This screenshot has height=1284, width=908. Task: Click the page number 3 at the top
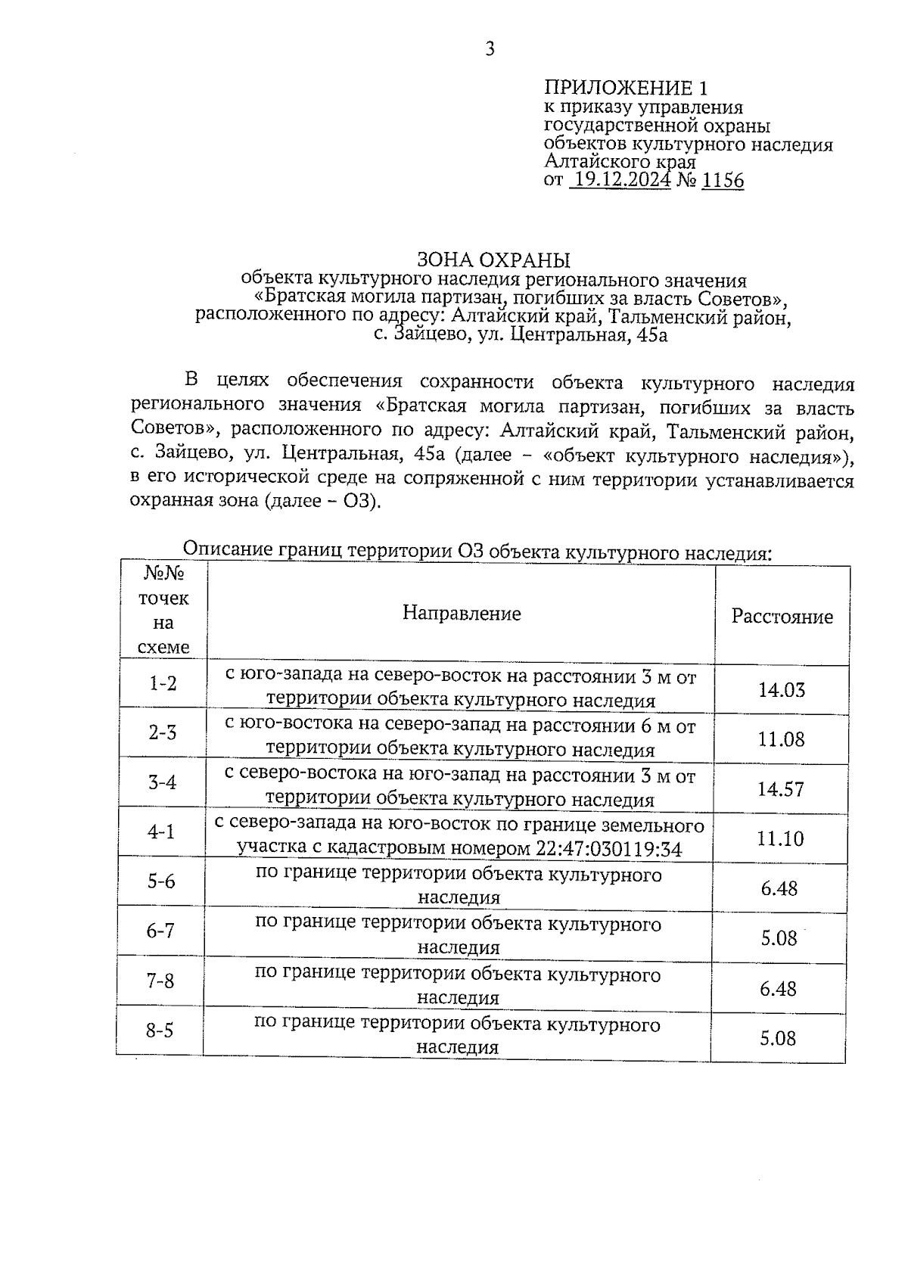coord(490,50)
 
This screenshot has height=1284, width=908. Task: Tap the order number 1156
coord(723,180)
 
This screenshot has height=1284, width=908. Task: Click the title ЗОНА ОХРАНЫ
coord(493,260)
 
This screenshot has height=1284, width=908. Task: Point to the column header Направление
coord(461,613)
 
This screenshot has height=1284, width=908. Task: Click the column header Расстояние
coord(782,617)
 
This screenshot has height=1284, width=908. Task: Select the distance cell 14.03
coord(781,690)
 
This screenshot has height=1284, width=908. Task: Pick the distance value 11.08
coord(781,739)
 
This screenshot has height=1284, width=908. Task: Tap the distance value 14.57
coord(781,789)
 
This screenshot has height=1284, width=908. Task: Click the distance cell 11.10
coord(780,838)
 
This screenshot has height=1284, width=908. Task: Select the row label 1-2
coord(163,683)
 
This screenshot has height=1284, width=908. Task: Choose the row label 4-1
coord(161,832)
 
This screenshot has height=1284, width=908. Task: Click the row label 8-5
coord(160,1031)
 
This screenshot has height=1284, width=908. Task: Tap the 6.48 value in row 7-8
coord(779,988)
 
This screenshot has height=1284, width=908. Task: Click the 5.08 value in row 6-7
coord(779,938)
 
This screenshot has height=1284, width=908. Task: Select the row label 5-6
coord(161,881)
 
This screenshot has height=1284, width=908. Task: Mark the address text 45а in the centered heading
coord(652,335)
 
